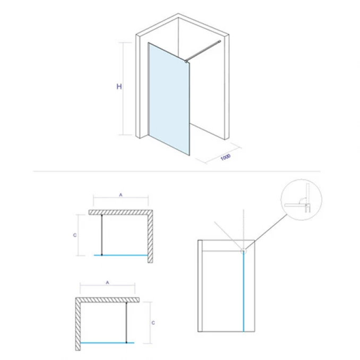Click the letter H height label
[x=119, y=87]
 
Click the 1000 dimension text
[x=225, y=157]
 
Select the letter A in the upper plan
[x=121, y=195]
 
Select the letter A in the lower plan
[x=107, y=283]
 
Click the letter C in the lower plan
[x=153, y=322]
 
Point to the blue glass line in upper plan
[x=124, y=255]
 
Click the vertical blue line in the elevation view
[x=244, y=292]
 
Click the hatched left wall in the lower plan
[x=78, y=324]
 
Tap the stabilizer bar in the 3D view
[x=203, y=51]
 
